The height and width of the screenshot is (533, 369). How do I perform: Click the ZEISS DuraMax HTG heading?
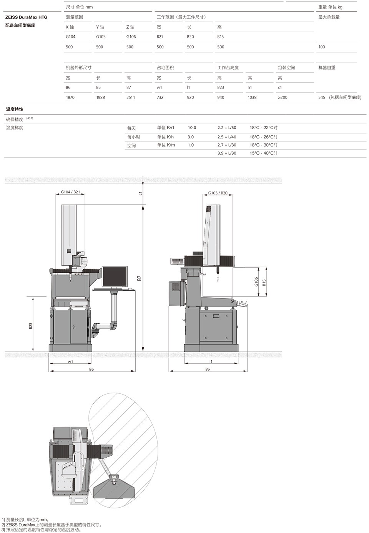(x=26, y=17)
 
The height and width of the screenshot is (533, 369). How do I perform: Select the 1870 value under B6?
(x=70, y=97)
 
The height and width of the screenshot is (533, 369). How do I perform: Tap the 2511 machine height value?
(x=131, y=97)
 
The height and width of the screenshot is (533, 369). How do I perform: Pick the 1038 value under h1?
(x=252, y=97)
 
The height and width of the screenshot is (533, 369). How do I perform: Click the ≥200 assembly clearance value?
(x=283, y=97)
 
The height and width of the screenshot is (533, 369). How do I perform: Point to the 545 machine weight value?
(x=322, y=97)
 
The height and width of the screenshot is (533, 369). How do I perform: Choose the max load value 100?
(x=322, y=47)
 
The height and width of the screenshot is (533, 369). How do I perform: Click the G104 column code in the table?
(x=71, y=37)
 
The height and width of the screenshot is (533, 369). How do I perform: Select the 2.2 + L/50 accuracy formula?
(x=227, y=128)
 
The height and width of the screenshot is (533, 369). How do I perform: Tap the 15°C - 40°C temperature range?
(x=263, y=153)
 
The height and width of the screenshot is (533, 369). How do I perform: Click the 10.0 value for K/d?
(x=192, y=128)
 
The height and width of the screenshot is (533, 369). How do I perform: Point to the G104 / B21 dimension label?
(x=70, y=192)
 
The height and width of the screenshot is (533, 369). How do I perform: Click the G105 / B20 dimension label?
(x=218, y=193)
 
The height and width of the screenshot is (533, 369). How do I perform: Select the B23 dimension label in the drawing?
(x=31, y=326)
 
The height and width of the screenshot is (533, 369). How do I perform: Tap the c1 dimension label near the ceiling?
(x=141, y=193)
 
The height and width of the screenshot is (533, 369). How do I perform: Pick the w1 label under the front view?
(x=70, y=361)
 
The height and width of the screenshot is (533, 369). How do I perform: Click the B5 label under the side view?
(x=208, y=369)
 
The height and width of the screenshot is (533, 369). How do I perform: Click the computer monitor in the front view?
(x=115, y=277)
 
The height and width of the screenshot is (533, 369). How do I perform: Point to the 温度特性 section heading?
(x=15, y=109)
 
